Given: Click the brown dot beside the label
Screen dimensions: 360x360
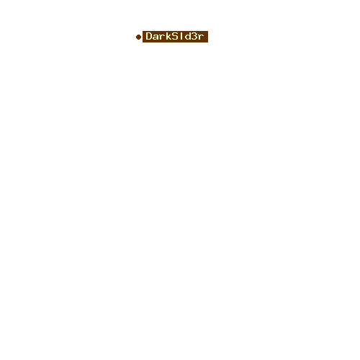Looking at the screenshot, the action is pos(138,37).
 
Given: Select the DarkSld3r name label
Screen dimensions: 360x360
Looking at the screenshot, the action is pos(175,37).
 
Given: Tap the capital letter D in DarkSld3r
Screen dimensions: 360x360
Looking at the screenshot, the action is pos(149,36).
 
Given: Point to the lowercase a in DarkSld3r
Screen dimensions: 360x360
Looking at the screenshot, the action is pos(156,37).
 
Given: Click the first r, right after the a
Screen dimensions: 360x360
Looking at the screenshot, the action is pos(162,37).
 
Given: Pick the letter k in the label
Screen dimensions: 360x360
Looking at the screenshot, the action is pos(168,36).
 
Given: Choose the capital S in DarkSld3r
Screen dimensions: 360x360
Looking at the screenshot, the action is pos(175,36).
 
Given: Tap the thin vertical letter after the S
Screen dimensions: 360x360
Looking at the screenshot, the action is pos(181,36).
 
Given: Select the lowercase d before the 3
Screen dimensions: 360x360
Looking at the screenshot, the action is pos(188,36).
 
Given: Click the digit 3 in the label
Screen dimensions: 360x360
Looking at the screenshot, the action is pos(194,36).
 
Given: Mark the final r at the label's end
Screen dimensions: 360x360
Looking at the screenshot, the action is pos(201,37).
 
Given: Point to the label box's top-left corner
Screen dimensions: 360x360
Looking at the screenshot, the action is pos(143,31).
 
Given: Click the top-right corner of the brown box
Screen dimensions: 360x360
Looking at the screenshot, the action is pos(208,31).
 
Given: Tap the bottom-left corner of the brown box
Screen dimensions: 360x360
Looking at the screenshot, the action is pos(143,42).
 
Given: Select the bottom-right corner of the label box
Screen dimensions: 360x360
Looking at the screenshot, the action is pos(208,42).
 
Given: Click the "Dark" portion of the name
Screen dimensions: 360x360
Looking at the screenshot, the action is pos(158,36).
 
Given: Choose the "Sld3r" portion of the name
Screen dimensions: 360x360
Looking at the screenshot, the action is pos(188,36).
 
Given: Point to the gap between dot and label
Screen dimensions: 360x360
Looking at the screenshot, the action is pos(142,37).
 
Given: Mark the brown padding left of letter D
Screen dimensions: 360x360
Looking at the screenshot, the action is pos(144,37).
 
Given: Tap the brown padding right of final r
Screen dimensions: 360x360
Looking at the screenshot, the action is pos(206,37).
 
